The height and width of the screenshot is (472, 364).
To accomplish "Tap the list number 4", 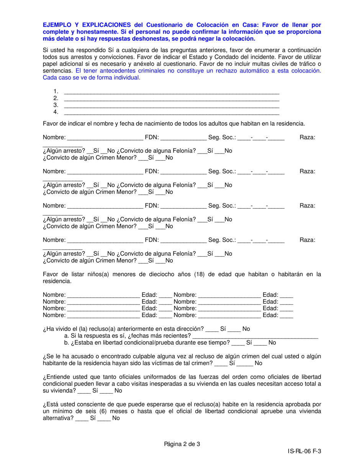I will point(56,112).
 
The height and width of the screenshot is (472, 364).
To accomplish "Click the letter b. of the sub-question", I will point(67,343).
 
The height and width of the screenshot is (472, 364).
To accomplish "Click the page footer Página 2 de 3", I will point(182,444).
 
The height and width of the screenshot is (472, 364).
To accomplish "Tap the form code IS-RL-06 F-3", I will point(305,452).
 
